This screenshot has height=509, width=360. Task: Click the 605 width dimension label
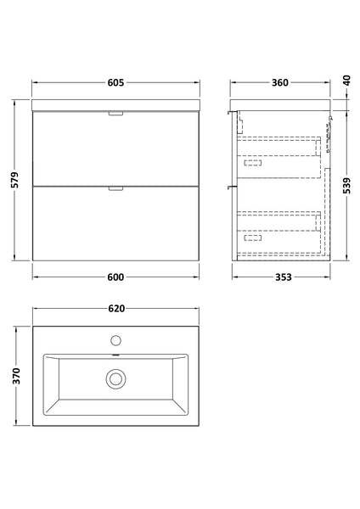pos(116,82)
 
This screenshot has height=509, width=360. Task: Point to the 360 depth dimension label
pos(279,82)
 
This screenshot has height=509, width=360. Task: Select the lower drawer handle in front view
pos(116,189)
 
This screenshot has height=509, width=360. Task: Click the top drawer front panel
pos(116,148)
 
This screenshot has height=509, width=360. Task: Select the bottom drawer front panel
pos(116,225)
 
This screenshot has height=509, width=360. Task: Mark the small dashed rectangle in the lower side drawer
pos(252,238)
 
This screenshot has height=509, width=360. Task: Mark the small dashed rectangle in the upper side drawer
pos(252,160)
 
